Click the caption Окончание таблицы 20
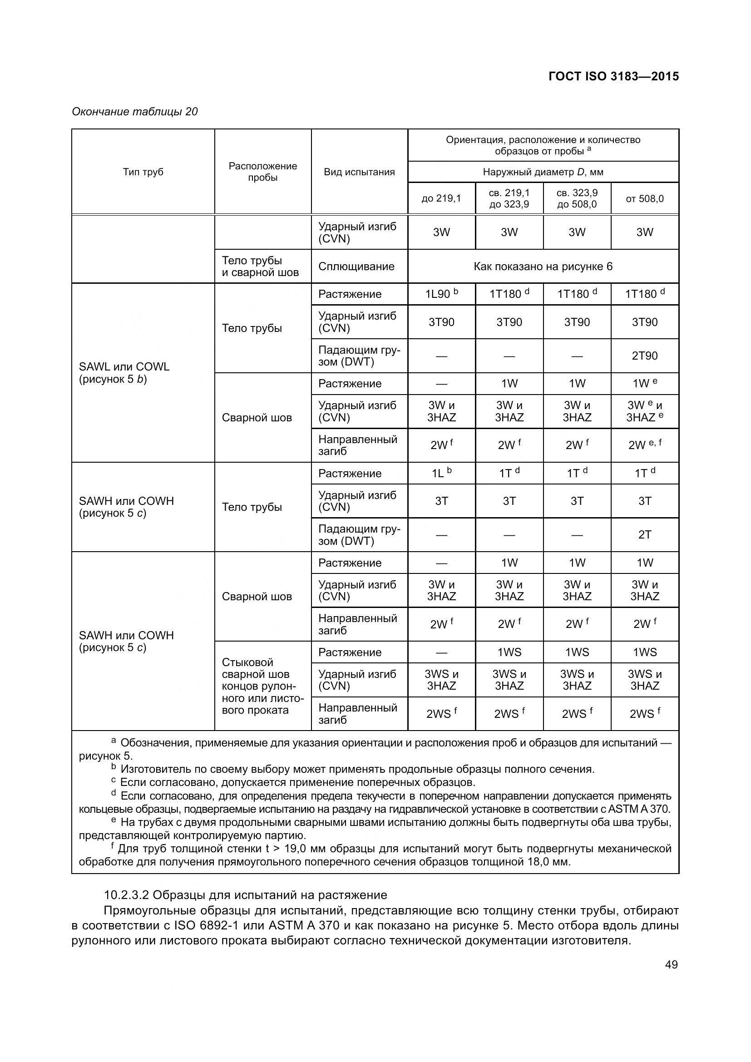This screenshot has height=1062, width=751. [x=134, y=112]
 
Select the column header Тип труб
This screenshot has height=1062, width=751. [x=143, y=172]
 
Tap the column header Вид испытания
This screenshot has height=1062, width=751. [x=359, y=172]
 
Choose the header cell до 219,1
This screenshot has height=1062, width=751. [x=441, y=198]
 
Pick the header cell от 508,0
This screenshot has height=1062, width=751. [x=645, y=198]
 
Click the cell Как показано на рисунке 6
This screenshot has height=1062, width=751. [x=543, y=267]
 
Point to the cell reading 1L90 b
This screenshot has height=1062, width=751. [x=441, y=294]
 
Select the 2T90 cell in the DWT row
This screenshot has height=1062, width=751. [x=645, y=356]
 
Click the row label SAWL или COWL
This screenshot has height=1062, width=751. [x=124, y=367]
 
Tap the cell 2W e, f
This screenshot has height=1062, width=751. [x=645, y=445]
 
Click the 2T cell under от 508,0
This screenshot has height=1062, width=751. [x=645, y=535]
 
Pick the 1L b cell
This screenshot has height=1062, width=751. [x=441, y=473]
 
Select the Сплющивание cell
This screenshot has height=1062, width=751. [x=356, y=267]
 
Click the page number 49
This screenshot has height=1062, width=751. [x=671, y=965]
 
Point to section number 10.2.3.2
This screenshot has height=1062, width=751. [x=126, y=895]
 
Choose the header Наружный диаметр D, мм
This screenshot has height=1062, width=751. [x=543, y=172]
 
